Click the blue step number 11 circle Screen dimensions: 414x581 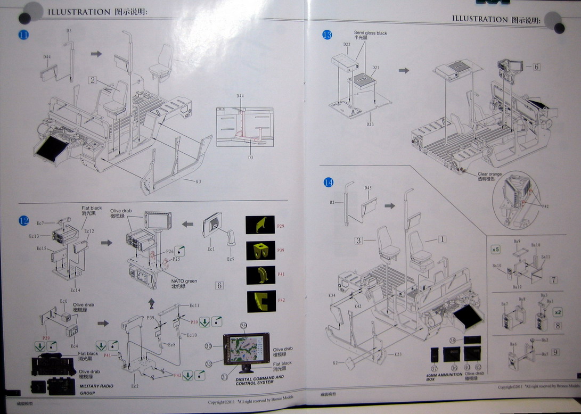(24, 36)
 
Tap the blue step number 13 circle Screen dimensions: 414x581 (327, 35)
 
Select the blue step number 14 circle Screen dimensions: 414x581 (329, 183)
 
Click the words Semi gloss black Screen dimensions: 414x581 (371, 33)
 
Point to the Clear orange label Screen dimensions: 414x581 (489, 174)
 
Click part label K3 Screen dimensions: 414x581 (198, 181)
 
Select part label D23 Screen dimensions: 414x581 (370, 125)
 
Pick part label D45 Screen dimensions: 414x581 (368, 188)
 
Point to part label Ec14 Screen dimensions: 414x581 (75, 290)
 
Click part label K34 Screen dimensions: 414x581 (332, 295)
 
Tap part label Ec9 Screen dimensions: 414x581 (230, 259)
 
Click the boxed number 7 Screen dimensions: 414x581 (554, 279)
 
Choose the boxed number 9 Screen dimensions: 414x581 (555, 352)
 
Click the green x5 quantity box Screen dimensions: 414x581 (495, 249)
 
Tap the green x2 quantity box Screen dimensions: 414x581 (558, 312)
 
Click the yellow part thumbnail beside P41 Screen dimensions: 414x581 (260, 275)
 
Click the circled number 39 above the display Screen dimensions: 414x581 (243, 325)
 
